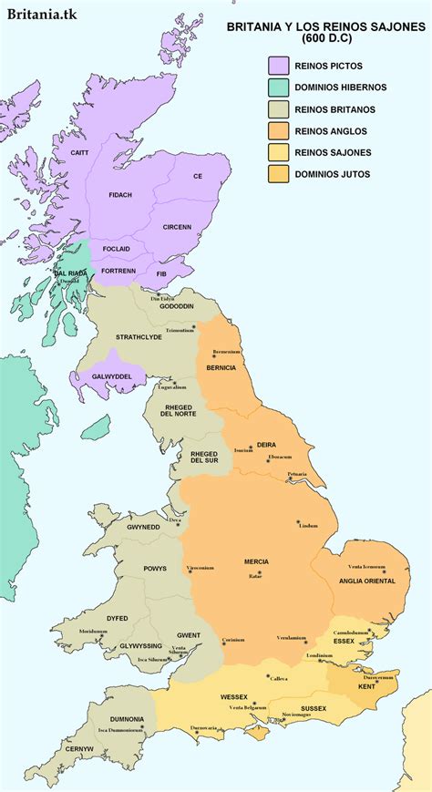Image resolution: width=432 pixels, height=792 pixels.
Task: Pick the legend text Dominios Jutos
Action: (x=332, y=173)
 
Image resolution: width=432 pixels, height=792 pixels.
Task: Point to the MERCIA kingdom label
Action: (x=256, y=562)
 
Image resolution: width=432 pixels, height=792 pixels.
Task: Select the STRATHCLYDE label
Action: (x=139, y=337)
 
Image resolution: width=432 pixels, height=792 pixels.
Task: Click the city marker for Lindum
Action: (x=298, y=523)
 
